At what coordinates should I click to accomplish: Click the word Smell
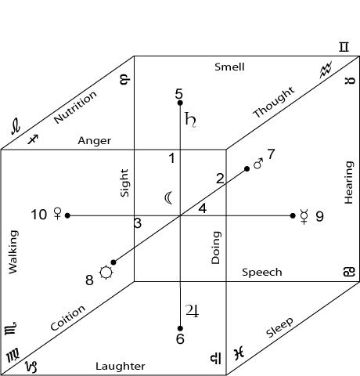click(229, 67)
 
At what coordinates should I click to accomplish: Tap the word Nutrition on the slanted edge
click(75, 107)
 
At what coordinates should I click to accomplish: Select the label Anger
click(95, 141)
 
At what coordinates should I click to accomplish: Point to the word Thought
click(274, 102)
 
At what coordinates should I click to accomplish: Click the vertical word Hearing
click(349, 183)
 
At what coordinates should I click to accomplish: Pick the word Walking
click(13, 252)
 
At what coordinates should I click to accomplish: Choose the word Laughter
click(121, 366)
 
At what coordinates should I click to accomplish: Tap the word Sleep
click(279, 327)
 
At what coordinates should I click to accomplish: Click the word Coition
click(68, 318)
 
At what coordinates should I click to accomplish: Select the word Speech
click(262, 273)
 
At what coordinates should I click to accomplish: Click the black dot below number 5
click(180, 103)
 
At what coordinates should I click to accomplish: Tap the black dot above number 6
click(180, 328)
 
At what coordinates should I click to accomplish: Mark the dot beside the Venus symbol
click(67, 215)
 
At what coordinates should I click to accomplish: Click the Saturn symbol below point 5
click(190, 120)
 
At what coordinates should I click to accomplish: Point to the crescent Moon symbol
click(168, 198)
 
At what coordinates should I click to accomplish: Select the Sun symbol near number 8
click(106, 273)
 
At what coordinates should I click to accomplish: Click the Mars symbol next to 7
click(258, 164)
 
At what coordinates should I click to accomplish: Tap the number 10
click(39, 215)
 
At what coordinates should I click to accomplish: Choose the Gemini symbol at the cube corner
click(344, 47)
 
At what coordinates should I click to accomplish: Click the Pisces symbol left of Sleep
click(239, 353)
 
